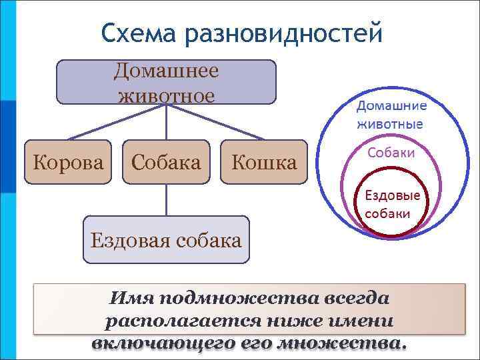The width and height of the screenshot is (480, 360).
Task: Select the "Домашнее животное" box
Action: [166, 83]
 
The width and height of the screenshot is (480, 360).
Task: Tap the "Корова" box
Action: [64, 162]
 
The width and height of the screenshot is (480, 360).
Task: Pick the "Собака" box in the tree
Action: [166, 162]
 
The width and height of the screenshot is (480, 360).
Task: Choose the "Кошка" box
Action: [263, 162]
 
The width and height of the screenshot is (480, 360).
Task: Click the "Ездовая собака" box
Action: [166, 239]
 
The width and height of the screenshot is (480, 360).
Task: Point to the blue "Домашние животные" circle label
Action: [391, 115]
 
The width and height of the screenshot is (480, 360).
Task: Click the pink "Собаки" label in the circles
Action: [391, 153]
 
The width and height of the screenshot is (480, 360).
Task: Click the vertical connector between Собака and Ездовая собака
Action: [166, 200]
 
